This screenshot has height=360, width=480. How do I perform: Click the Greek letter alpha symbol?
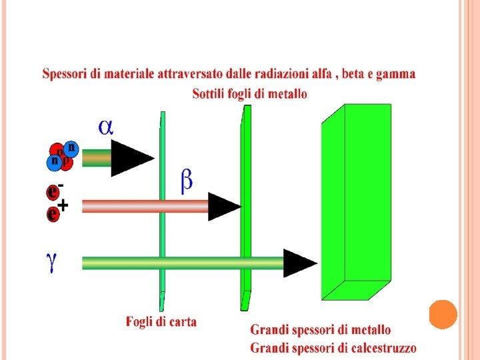click(x=106, y=127)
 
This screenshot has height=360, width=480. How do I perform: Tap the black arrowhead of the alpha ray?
click(x=132, y=159)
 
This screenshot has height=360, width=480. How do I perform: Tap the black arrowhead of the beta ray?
click(x=223, y=206)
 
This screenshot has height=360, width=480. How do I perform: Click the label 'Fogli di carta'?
click(x=161, y=322)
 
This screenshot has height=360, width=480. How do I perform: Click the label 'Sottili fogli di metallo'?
click(x=250, y=94)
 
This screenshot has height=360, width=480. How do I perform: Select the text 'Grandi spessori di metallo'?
click(x=321, y=330)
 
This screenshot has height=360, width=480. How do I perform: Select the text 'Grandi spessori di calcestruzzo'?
click(x=333, y=347)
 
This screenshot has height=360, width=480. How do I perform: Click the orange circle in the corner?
click(x=443, y=315)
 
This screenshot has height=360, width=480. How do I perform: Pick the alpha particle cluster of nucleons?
click(x=63, y=155)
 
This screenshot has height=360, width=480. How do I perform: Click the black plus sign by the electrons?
click(x=63, y=207)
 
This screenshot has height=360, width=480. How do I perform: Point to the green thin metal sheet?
click(x=245, y=200)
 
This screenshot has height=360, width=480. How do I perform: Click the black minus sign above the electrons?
click(x=61, y=185)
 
